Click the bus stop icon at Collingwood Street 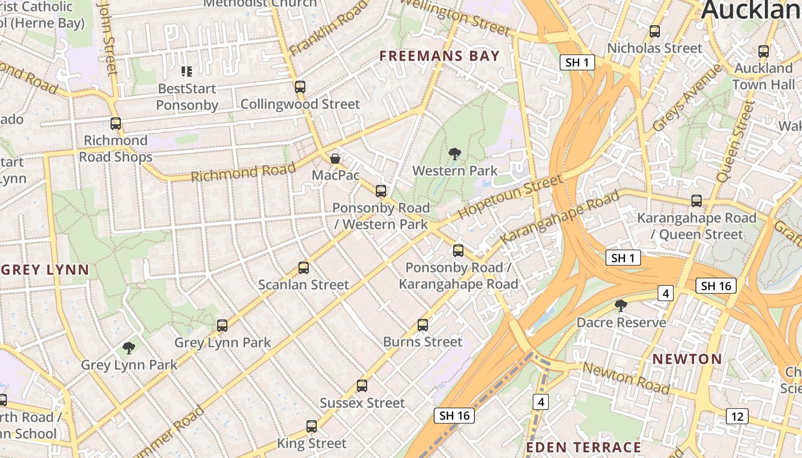(300, 87)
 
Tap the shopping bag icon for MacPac (335, 158)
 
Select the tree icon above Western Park (455, 153)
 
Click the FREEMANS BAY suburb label (439, 56)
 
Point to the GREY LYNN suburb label (45, 270)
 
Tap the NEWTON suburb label (687, 359)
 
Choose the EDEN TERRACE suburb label (583, 447)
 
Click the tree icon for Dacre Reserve (620, 305)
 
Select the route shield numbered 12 (737, 416)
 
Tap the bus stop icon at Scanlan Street (304, 267)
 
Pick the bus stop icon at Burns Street (423, 325)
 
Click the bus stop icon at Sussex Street (361, 385)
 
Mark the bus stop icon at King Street (312, 426)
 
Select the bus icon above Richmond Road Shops (116, 123)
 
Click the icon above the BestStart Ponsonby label (187, 72)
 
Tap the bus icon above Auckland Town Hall (763, 51)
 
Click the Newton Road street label (626, 378)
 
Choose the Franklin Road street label (328, 29)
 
